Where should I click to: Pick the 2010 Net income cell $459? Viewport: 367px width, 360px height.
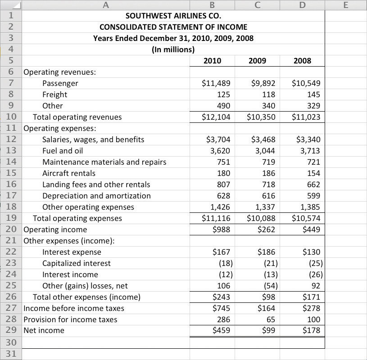coord(221,330)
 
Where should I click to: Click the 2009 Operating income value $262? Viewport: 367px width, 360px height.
coord(266,229)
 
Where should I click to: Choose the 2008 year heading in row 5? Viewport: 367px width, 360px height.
coord(302,61)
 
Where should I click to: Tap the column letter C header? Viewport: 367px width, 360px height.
coord(257,5)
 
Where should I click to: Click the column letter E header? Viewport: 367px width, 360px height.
coord(345,5)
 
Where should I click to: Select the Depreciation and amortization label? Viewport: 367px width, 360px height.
coord(96,196)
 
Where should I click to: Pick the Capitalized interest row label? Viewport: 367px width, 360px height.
coord(77,263)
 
